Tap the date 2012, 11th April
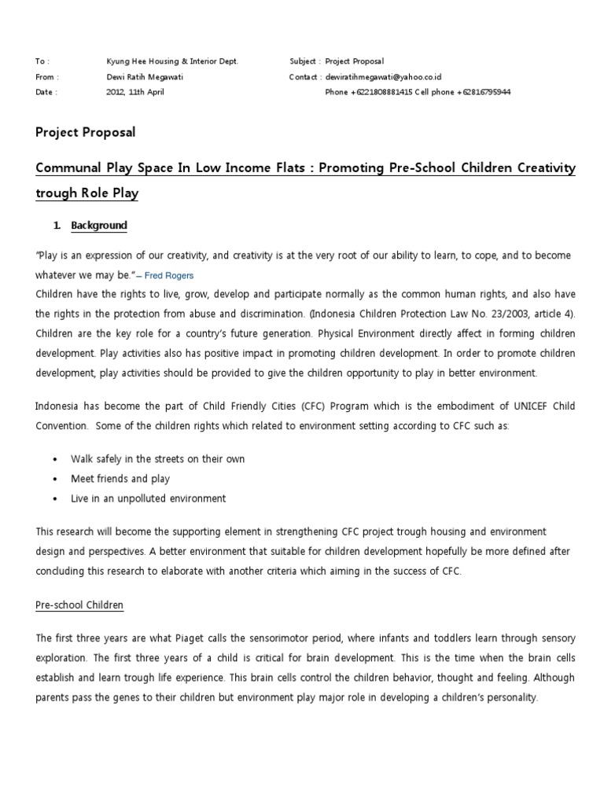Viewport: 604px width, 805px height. [x=135, y=92]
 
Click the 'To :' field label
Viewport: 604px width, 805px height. [x=42, y=61]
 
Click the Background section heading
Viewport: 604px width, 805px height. [x=98, y=226]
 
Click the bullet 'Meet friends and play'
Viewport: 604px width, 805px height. [x=120, y=479]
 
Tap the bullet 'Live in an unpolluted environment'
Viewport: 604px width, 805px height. [x=148, y=498]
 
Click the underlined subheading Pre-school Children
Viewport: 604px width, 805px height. [x=79, y=605]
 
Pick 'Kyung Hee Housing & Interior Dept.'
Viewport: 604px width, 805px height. [x=171, y=61]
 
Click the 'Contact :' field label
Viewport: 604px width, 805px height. [x=305, y=77]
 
